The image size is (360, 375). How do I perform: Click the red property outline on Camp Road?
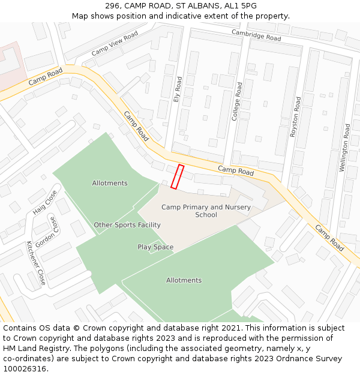tap(177, 177)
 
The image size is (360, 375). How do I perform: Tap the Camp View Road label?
tap(115, 44)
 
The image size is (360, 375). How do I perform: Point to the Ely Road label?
tap(178, 88)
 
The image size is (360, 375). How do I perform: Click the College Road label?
tap(239, 101)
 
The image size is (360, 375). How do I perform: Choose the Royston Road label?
tap(295, 118)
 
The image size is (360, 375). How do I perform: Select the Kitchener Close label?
tap(35, 263)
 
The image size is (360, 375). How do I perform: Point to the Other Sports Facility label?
tap(127, 225)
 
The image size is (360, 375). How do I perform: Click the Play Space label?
tap(155, 247)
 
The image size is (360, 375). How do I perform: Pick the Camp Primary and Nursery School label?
tap(206, 211)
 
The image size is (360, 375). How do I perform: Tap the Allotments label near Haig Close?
tap(110, 183)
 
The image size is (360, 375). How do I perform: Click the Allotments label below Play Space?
tap(184, 280)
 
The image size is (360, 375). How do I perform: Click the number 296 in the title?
tap(112, 6)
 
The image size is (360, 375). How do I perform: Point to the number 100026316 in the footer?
tap(25, 369)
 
